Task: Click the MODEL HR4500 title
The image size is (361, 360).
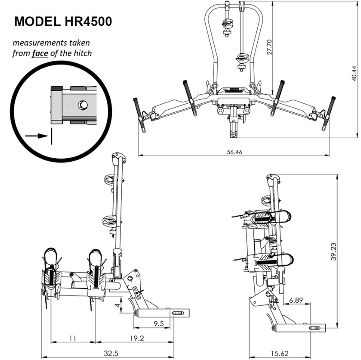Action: [x=63, y=21]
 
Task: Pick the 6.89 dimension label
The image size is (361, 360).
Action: [x=297, y=300]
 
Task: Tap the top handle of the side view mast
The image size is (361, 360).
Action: [x=118, y=158]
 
